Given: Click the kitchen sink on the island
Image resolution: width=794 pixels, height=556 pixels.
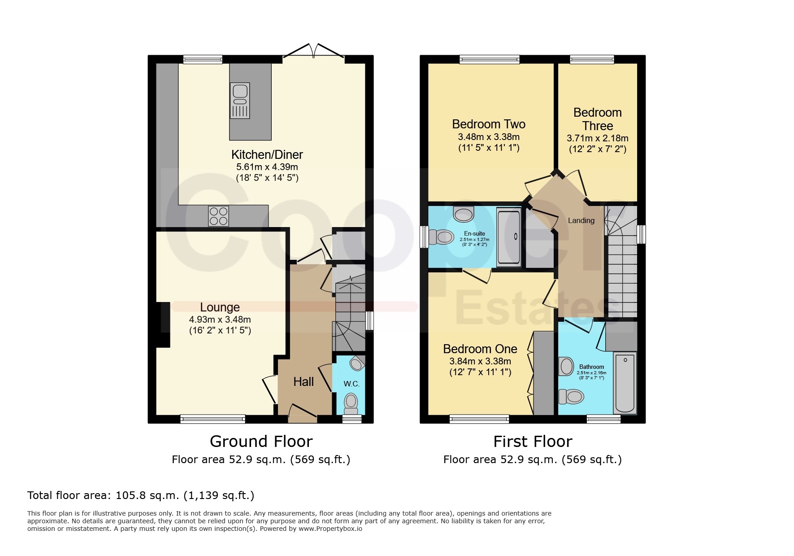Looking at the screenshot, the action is coord(240,101).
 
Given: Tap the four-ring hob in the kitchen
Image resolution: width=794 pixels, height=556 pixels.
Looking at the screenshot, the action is coord(218,216).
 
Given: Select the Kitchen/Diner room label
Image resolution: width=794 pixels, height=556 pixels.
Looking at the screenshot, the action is coord(267,155).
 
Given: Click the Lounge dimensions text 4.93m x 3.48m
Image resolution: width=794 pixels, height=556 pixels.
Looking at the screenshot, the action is coord(220,320).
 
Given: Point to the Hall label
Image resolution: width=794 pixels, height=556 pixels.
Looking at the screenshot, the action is coord(304,382).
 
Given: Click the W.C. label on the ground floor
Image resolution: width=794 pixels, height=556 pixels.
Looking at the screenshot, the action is coord(351,384).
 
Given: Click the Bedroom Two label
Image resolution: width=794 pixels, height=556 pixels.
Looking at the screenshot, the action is coord(489,124).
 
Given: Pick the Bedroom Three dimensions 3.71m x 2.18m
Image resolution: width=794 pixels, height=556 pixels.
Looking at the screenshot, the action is coord(598,138).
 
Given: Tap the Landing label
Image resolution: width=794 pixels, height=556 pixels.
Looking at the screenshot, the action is coord(581,220).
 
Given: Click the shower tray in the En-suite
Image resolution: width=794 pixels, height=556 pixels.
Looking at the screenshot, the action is coord(509,236).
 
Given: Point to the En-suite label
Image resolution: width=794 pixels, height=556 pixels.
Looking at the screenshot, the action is coord(474,234).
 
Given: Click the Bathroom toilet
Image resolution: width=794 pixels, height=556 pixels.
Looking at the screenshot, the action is coord(571,397).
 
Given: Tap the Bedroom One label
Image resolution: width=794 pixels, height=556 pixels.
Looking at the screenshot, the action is coord(480,349).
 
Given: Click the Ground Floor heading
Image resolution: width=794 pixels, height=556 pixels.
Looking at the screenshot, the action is coord(261,442).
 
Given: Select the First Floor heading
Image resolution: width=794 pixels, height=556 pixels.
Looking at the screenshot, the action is coord(533,442).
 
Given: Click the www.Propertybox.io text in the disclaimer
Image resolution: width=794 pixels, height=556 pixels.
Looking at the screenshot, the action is coord(330,529).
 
